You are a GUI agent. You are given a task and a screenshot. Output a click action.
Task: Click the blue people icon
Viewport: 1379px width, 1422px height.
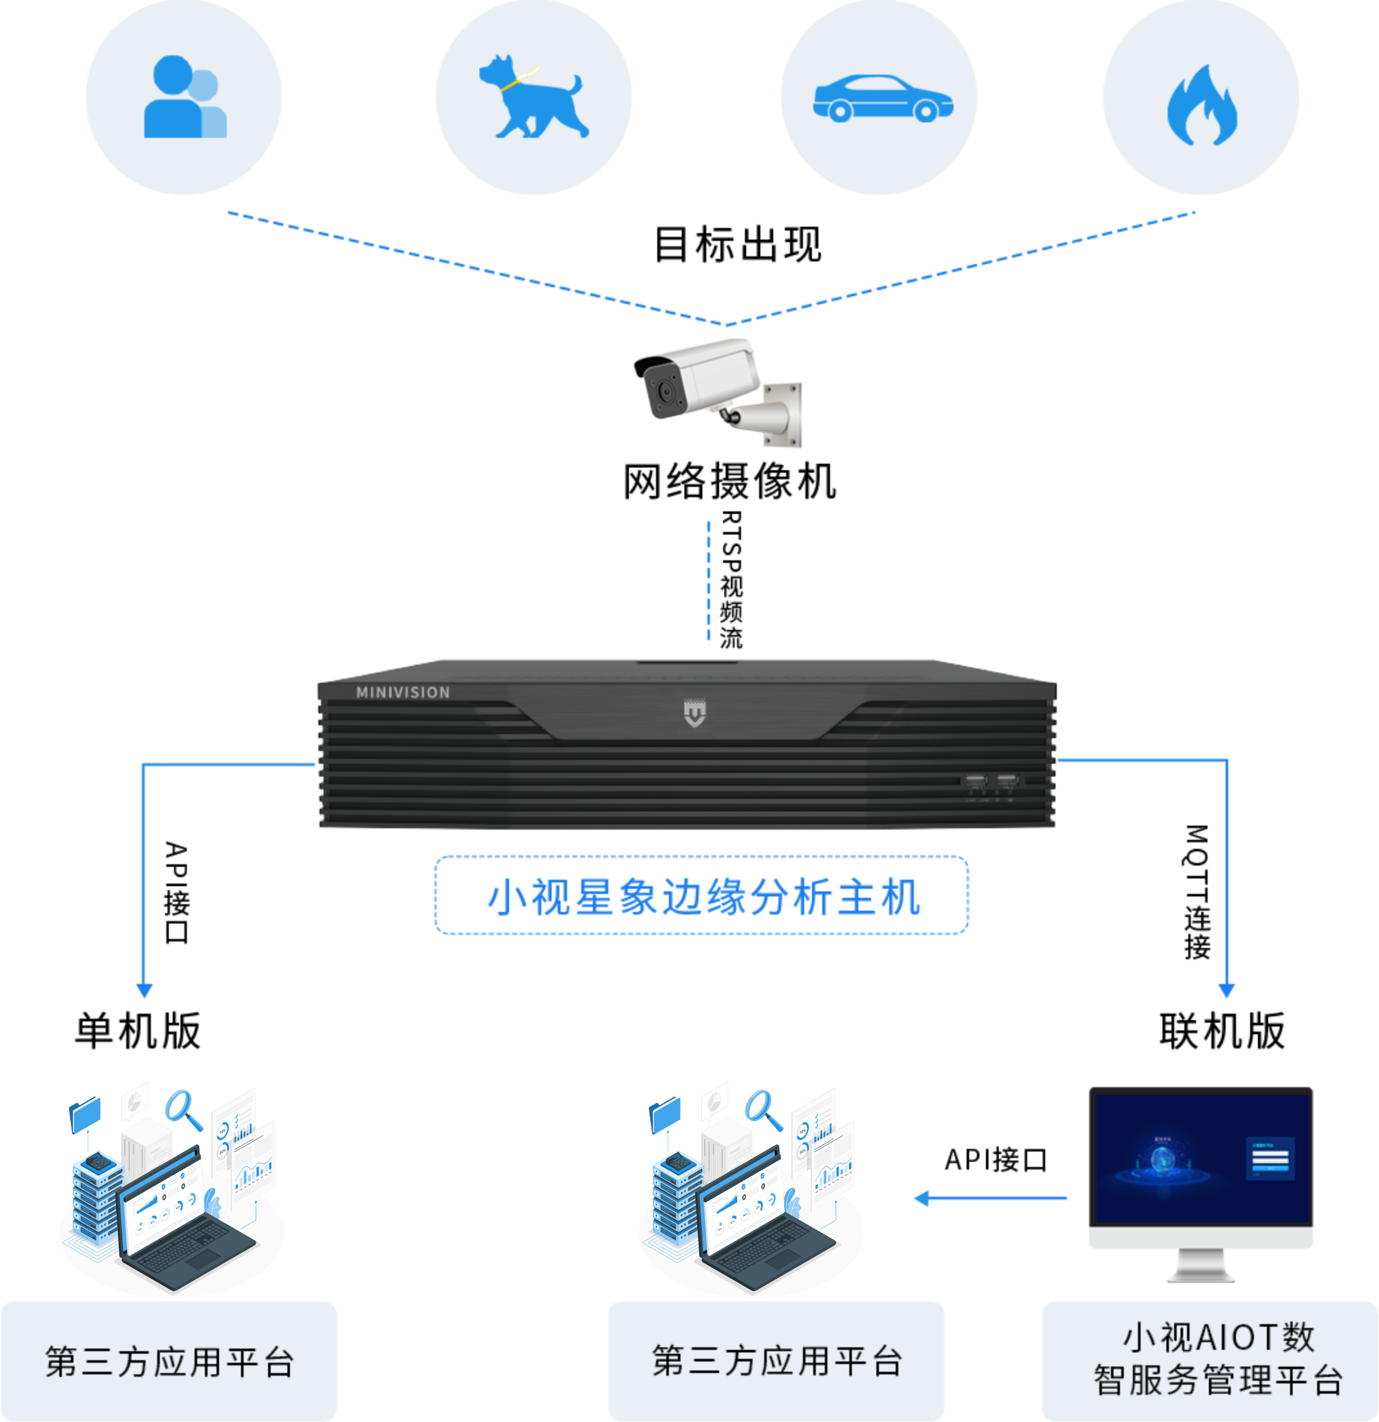point(184,97)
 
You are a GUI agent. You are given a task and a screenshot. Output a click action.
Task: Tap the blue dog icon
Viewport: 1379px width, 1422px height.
point(534,97)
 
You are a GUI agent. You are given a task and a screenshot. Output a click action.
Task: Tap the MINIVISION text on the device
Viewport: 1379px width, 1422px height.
point(403,693)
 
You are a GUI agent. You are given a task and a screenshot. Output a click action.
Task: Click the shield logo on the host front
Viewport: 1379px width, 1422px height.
point(695,713)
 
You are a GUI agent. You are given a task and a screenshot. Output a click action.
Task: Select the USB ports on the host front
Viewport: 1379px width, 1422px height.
point(990,781)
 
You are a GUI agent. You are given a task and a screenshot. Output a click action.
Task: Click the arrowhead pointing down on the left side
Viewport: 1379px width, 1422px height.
point(144,991)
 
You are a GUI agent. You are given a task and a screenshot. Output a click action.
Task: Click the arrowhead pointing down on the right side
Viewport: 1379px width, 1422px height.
point(1226,991)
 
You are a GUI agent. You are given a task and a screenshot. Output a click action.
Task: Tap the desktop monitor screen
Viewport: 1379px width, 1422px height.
point(1201,1159)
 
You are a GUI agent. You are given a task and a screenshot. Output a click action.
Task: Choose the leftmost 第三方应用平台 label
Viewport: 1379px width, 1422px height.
point(169,1361)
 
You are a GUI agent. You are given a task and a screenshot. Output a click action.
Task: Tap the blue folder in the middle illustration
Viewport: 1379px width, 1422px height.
point(665,1115)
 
